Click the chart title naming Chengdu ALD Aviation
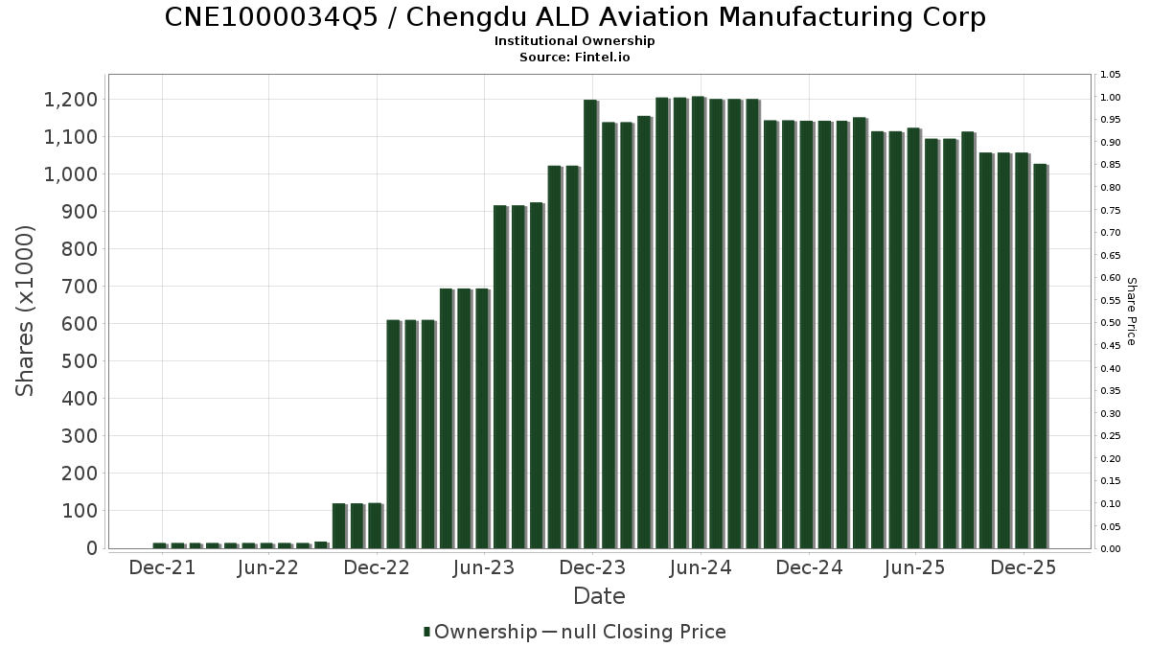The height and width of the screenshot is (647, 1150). (575, 17)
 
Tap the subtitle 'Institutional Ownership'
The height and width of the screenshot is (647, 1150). (575, 41)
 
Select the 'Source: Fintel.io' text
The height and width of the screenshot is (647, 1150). (575, 58)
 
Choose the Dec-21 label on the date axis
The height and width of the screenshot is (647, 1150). (162, 567)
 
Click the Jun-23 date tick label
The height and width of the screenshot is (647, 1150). (484, 567)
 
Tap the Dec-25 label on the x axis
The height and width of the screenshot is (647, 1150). (1024, 567)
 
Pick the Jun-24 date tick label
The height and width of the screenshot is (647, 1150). (701, 567)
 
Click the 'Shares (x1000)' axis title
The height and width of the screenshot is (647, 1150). (26, 311)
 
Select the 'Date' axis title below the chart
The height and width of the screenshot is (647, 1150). (599, 596)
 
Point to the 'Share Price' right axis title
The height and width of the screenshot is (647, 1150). (1132, 312)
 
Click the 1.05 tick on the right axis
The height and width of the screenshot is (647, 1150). (1111, 75)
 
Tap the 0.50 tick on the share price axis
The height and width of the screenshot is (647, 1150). (1111, 323)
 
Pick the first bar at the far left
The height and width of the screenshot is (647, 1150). (159, 545)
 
